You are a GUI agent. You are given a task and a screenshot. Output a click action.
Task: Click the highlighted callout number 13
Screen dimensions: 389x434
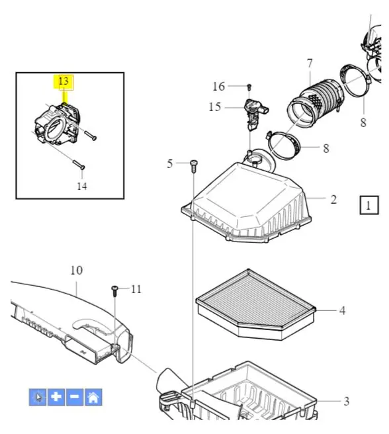[64, 81]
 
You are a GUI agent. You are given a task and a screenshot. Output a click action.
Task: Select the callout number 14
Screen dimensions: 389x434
[82, 186]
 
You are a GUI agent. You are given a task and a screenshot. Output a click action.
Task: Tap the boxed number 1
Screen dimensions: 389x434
[369, 205]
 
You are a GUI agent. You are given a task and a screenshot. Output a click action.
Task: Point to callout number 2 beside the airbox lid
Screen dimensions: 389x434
[333, 200]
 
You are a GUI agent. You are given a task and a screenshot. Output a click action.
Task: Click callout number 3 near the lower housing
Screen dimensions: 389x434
[347, 401]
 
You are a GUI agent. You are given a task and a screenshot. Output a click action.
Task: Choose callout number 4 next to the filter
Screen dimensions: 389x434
[343, 310]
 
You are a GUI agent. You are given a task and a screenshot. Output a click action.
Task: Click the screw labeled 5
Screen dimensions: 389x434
[194, 166]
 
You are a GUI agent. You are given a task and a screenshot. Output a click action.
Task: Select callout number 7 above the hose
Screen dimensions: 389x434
[310, 64]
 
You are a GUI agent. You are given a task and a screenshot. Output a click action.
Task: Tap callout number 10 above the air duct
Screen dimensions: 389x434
[77, 271]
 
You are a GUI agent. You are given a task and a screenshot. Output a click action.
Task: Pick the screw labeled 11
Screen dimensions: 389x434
[115, 291]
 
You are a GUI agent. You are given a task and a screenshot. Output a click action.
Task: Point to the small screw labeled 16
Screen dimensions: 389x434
[249, 87]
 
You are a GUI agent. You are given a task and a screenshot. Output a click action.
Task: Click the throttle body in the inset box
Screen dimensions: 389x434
[58, 124]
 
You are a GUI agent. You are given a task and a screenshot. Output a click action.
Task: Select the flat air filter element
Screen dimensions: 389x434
[255, 304]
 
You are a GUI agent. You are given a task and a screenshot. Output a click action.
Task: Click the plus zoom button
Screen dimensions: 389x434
[56, 397]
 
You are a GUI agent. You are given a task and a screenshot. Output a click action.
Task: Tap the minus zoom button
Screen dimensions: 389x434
[75, 397]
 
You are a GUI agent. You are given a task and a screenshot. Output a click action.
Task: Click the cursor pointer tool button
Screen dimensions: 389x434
[38, 397]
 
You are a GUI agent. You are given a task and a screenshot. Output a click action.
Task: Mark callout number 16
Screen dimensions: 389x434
[219, 87]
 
